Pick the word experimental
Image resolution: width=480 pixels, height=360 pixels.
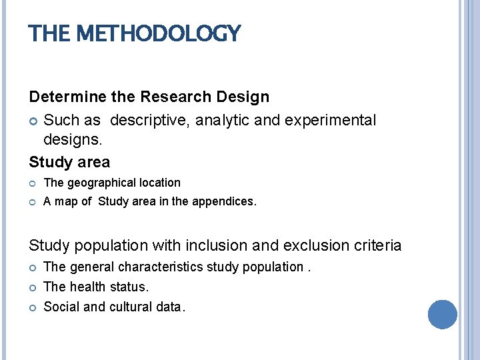coord(331,121)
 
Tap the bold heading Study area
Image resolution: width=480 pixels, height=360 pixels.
coord(69,162)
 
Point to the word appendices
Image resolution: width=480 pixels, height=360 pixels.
coord(223,201)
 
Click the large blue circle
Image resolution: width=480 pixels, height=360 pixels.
coord(443,314)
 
